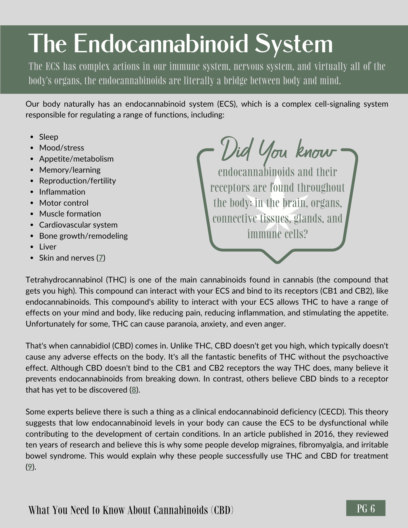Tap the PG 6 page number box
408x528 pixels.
365,508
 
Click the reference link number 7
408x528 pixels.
101,258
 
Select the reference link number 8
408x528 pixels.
134,390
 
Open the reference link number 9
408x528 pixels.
30,467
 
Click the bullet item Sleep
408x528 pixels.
49,137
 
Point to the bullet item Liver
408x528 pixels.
48,247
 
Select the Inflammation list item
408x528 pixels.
62,192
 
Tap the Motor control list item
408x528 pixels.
64,203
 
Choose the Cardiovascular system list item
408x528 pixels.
78,225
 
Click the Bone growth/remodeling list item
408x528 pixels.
83,236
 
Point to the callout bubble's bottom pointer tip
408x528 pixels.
277,262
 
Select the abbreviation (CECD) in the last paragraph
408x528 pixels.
331,412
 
